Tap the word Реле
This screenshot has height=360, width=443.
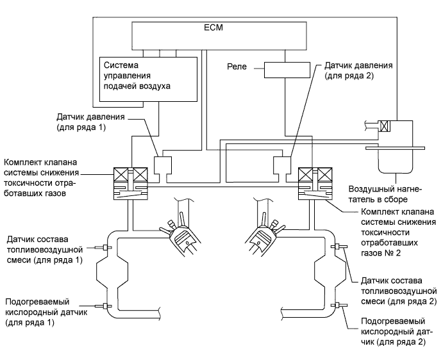pos(238,66)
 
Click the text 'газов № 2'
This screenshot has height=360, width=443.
pos(383,255)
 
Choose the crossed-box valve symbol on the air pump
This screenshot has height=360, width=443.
pos(384,126)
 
